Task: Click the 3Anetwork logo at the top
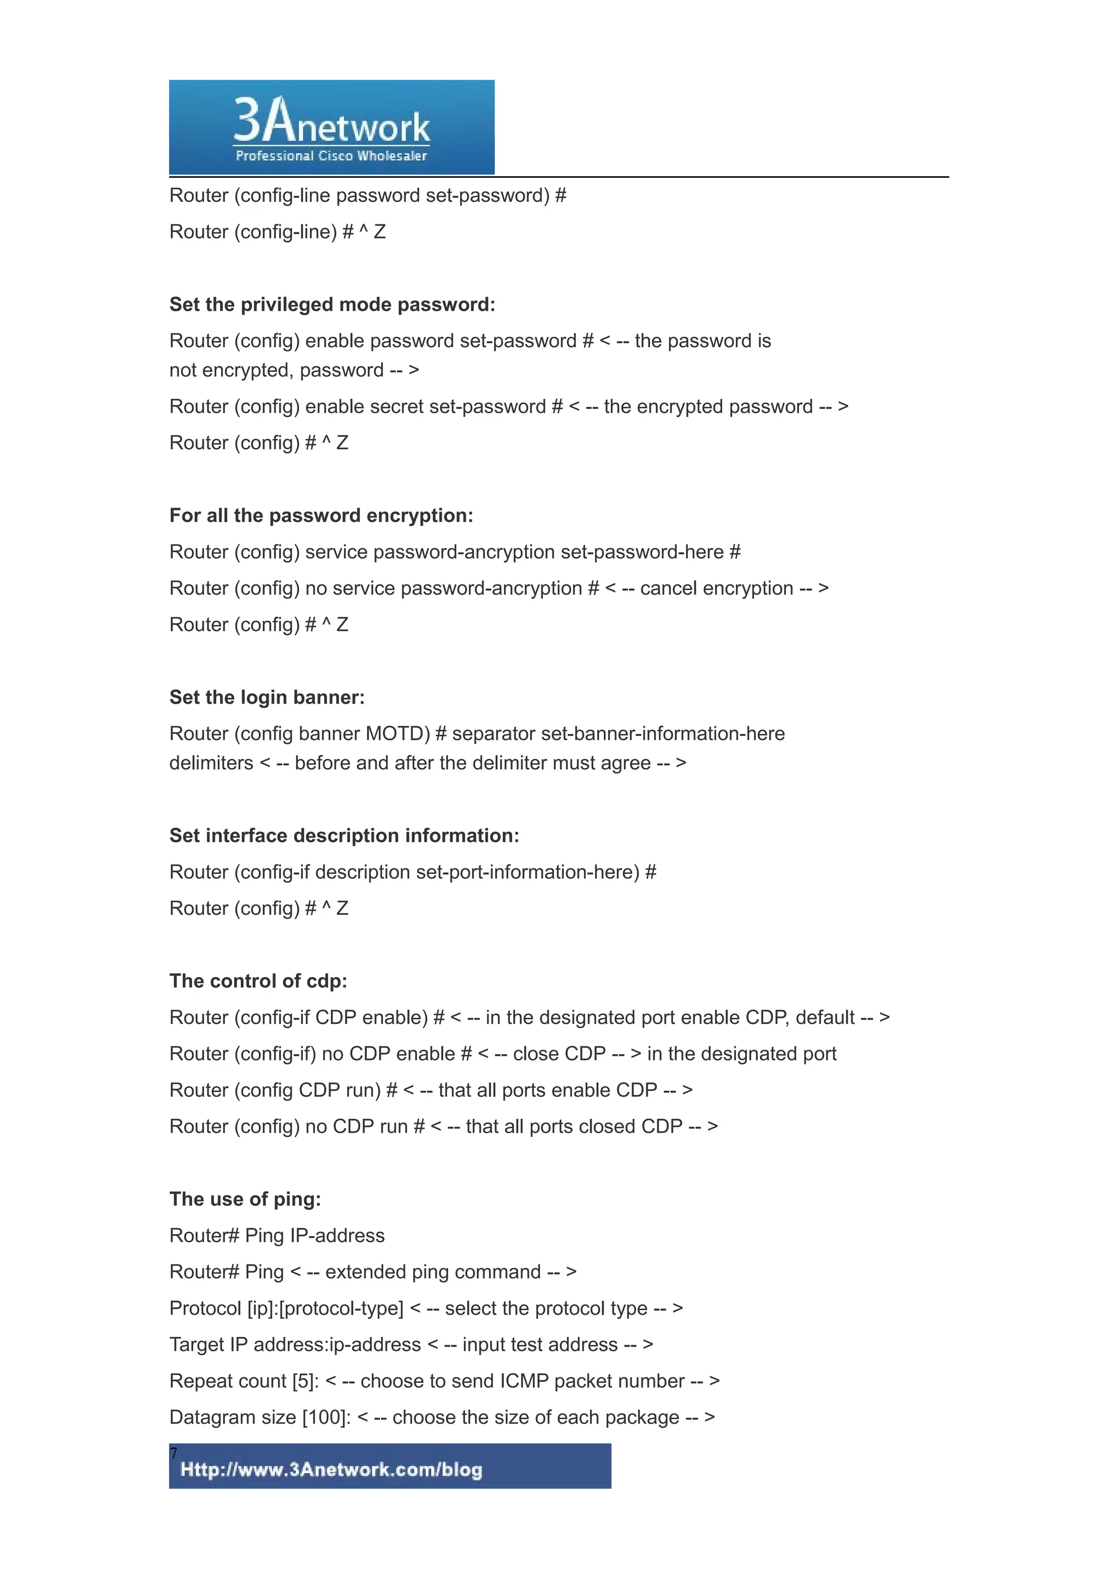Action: (331, 121)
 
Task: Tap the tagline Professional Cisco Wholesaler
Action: (331, 156)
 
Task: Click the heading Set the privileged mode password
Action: (332, 305)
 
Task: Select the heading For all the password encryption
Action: (321, 515)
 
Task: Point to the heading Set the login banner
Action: (266, 697)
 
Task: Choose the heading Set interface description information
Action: (344, 836)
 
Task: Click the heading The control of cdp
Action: (258, 981)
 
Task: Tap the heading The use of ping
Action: (245, 1199)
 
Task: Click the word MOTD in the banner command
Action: (397, 734)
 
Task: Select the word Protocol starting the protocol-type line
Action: (205, 1309)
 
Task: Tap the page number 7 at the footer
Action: (174, 1454)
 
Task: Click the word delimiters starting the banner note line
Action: (211, 764)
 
